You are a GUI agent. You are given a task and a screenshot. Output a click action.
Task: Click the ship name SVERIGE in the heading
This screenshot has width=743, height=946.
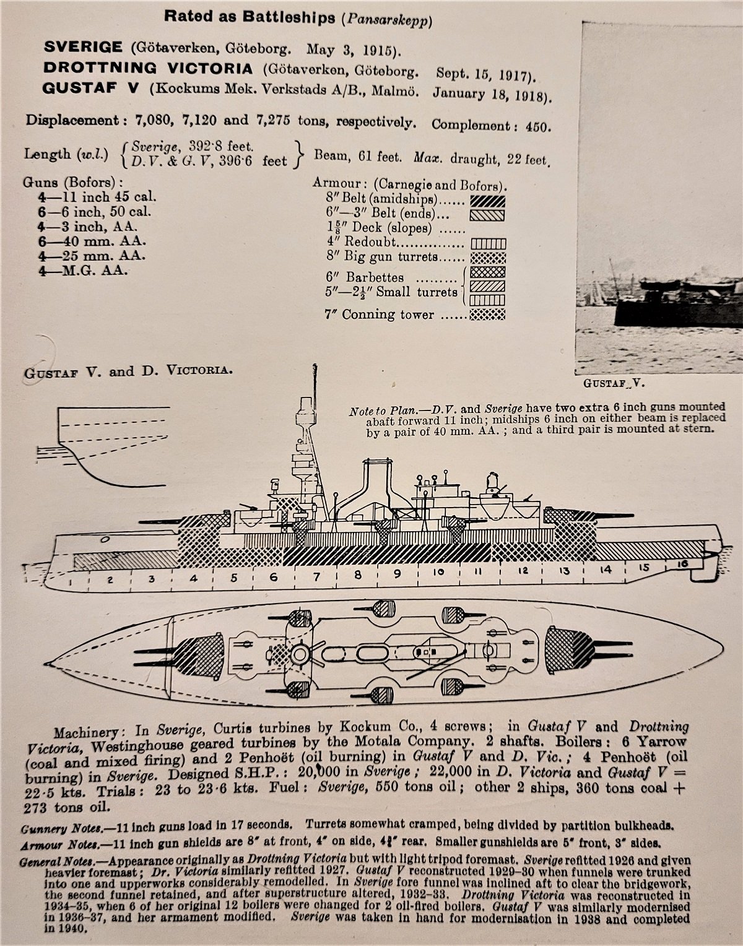point(83,47)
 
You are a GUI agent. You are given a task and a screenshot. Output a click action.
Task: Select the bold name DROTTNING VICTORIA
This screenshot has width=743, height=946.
point(148,68)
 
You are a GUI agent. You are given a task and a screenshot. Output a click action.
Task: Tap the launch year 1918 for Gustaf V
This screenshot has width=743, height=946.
point(529,96)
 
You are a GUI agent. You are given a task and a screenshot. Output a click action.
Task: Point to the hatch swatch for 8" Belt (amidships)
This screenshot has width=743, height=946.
point(487,201)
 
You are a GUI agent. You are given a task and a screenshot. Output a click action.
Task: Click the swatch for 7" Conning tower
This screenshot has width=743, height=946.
point(487,315)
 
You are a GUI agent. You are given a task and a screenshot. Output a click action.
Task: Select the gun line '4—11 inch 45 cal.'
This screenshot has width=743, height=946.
point(97,197)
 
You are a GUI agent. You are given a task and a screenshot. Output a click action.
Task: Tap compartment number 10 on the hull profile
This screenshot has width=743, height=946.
point(439,572)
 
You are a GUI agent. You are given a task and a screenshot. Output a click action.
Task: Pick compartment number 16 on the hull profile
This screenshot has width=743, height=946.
point(683,565)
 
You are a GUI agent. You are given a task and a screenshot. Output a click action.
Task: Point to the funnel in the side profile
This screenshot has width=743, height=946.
point(378,484)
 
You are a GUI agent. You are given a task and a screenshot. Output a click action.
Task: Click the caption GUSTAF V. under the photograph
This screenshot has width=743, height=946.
point(614,383)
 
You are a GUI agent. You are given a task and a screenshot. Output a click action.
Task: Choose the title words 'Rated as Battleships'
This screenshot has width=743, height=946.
point(250,17)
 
